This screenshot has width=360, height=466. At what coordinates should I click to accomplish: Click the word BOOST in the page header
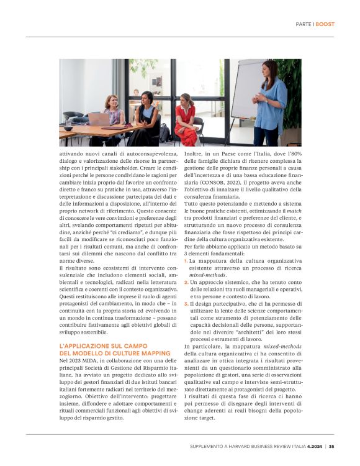click(x=325, y=24)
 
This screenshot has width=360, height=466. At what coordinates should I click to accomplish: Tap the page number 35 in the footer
click(x=331, y=445)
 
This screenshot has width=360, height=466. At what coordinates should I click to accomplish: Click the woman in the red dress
click(x=186, y=121)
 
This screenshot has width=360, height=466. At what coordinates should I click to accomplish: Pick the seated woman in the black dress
click(x=147, y=118)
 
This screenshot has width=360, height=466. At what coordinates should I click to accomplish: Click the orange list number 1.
click(x=186, y=262)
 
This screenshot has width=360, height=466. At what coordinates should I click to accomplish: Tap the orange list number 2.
click(x=186, y=282)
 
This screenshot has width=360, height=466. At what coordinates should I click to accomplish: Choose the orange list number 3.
click(x=186, y=303)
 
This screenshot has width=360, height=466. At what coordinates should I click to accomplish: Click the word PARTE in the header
click(x=304, y=24)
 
